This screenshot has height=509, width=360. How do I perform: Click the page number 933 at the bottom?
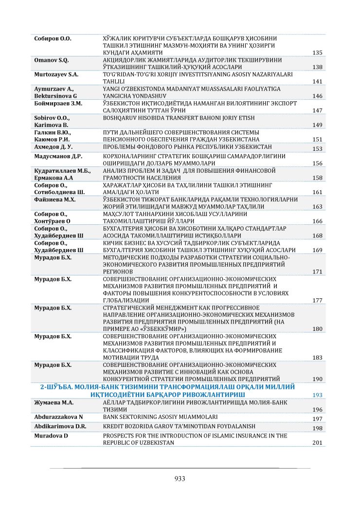180,478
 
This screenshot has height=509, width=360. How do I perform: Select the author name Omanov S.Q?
52,60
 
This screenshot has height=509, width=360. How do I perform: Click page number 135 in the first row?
317,53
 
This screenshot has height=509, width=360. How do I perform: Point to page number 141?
317,81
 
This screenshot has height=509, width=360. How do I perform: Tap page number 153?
317,149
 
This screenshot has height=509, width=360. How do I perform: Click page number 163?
317,207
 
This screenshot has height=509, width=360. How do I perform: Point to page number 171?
317,272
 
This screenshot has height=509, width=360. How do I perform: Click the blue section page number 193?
317,395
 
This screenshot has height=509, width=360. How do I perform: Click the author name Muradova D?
50,436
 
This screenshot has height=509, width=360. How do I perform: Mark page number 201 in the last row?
317,443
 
